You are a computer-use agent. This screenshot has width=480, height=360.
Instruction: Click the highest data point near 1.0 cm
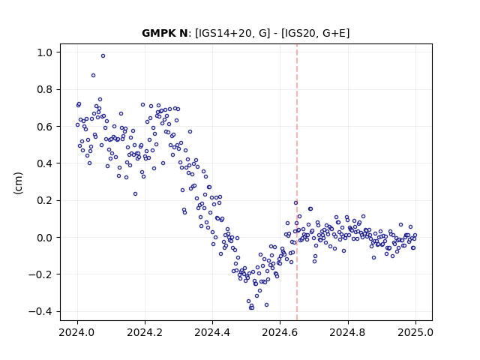pyautogui.click(x=103, y=55)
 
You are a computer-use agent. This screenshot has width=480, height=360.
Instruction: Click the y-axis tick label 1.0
pyautogui.click(x=45, y=52)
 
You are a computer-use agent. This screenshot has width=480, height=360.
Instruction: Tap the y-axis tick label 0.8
pyautogui.click(x=45, y=90)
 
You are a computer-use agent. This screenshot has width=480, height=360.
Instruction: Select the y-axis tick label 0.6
pyautogui.click(x=45, y=127)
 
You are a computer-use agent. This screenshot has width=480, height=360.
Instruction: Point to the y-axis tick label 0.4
pyautogui.click(x=45, y=163)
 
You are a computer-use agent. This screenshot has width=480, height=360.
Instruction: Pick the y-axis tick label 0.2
pyautogui.click(x=45, y=200)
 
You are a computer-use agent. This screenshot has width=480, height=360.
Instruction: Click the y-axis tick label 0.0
pyautogui.click(x=45, y=238)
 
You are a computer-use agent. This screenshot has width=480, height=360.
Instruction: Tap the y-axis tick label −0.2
pyautogui.click(x=40, y=274)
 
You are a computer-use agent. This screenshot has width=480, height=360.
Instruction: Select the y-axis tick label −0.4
pyautogui.click(x=40, y=312)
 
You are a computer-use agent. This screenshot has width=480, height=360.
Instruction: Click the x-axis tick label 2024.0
pyautogui.click(x=77, y=332)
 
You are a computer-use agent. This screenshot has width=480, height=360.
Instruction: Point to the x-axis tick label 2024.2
pyautogui.click(x=145, y=332)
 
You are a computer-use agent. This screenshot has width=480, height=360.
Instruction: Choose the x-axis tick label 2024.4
pyautogui.click(x=212, y=332)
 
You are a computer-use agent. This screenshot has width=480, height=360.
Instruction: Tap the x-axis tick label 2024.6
pyautogui.click(x=280, y=332)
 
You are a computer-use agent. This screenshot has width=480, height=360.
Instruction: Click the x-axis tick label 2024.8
pyautogui.click(x=347, y=332)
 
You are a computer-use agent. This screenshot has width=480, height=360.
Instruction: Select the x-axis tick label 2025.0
pyautogui.click(x=415, y=332)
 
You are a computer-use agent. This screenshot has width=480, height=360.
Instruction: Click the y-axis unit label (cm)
pyautogui.click(x=18, y=183)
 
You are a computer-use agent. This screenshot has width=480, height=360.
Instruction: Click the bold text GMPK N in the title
pyautogui.click(x=164, y=33)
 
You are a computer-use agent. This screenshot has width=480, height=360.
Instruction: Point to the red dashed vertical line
pyautogui.click(x=297, y=182)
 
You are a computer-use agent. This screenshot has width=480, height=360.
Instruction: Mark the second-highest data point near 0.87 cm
pyautogui.click(x=93, y=75)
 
